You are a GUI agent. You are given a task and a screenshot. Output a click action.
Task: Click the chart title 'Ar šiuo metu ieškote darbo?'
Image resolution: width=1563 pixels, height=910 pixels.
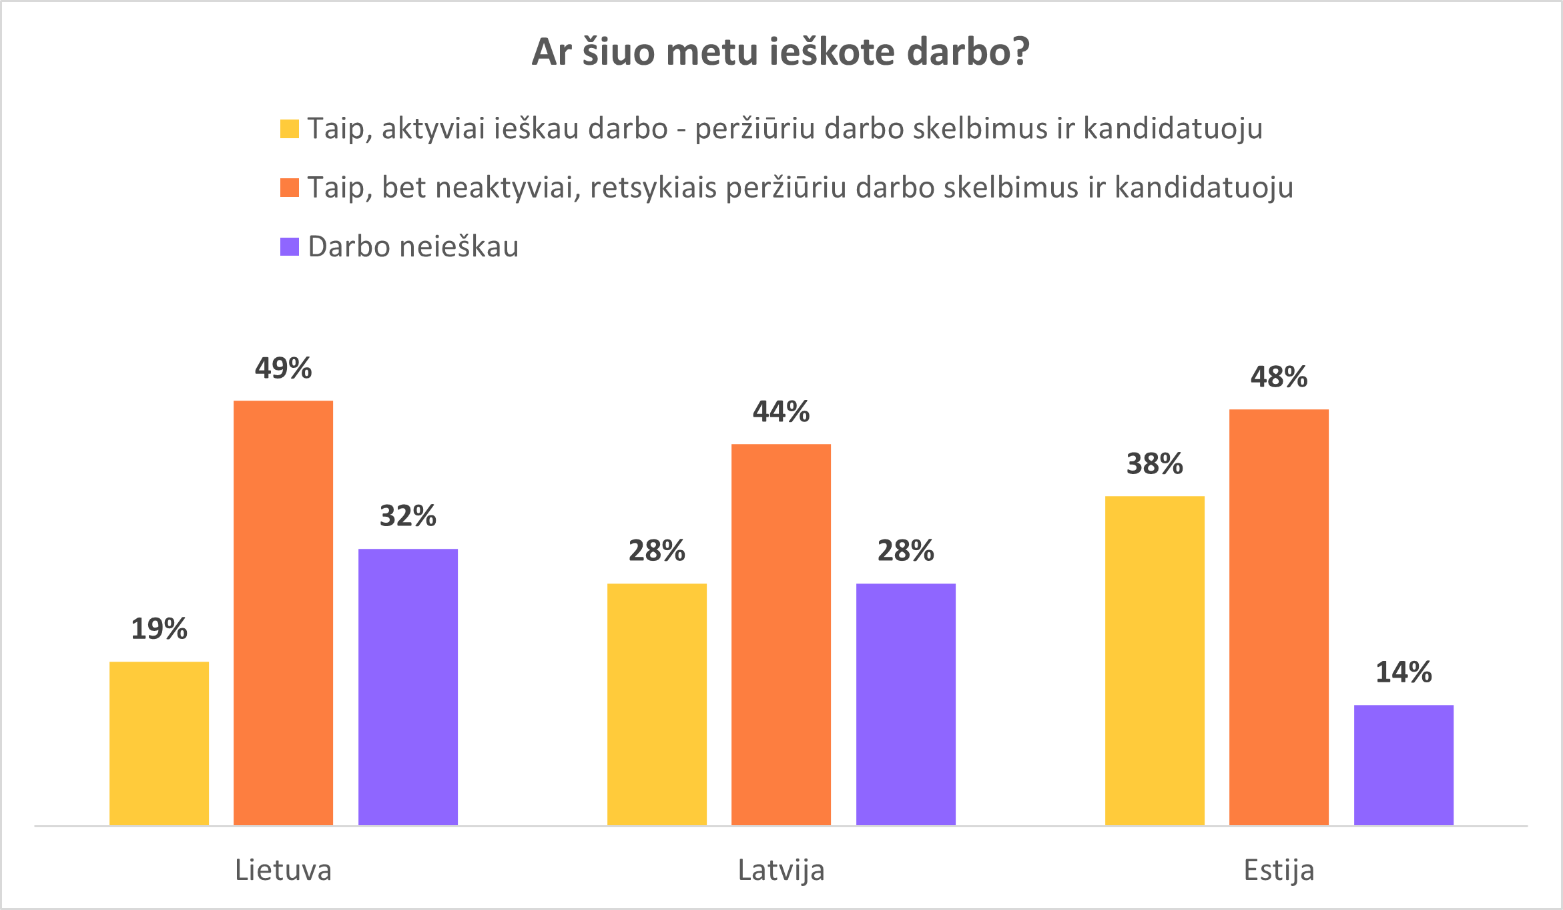[x=781, y=52]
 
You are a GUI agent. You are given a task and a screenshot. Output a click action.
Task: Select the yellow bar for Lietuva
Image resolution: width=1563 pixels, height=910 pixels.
[x=159, y=743]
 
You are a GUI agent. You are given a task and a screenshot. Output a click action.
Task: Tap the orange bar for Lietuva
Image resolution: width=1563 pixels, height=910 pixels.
[x=283, y=613]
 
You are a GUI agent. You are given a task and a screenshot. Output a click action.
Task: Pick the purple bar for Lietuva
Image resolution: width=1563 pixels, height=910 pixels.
[x=408, y=687]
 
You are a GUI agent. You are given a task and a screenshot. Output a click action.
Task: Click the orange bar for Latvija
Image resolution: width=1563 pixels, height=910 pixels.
[x=781, y=634]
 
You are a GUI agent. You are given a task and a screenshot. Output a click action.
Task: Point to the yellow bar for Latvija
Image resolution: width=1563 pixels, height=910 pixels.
[x=657, y=704]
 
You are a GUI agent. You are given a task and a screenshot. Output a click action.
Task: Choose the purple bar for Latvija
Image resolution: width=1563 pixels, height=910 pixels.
[x=906, y=704]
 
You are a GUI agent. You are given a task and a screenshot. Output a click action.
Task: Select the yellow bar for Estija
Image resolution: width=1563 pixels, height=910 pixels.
[x=1155, y=660]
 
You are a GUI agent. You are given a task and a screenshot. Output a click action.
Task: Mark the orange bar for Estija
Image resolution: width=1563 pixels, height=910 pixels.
[x=1279, y=617]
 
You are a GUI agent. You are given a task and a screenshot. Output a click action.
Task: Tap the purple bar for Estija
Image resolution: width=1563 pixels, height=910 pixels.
[x=1403, y=765]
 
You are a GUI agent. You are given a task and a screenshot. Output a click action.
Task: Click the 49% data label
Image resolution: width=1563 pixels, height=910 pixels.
[x=283, y=369]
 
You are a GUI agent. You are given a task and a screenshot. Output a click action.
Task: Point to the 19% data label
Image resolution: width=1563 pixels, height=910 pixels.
[x=159, y=629]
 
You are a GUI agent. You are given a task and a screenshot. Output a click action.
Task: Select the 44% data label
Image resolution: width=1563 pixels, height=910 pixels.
[x=781, y=412]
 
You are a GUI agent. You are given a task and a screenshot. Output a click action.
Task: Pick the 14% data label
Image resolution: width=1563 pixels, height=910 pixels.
[x=1403, y=672]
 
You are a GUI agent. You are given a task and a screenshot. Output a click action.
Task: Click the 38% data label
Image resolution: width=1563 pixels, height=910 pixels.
[x=1155, y=464]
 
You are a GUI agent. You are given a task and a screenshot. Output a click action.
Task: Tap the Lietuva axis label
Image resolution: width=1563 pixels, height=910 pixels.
[x=283, y=871]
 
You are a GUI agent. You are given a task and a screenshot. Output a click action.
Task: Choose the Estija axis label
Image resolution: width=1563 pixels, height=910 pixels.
[x=1279, y=871]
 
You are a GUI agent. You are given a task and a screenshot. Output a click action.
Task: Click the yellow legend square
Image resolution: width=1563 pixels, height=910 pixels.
[x=289, y=129]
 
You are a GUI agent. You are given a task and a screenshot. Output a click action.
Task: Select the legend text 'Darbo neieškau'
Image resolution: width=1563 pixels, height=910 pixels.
[x=413, y=247]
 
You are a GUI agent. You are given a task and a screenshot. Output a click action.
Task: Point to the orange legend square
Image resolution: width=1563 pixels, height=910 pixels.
[x=289, y=188]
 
